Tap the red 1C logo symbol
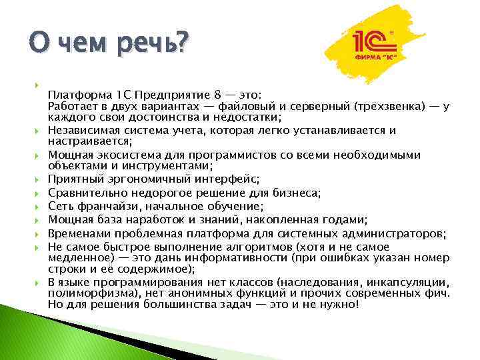(x=375, y=43)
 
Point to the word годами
(x=338, y=219)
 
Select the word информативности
(x=207, y=257)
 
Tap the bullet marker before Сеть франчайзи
(x=40, y=206)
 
